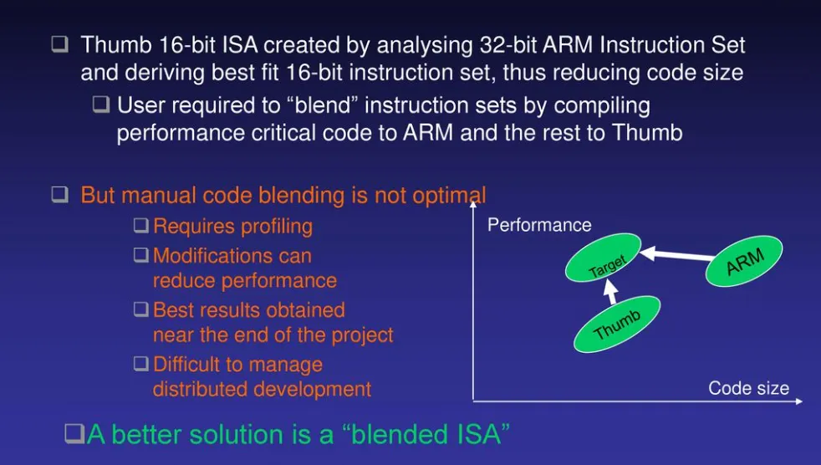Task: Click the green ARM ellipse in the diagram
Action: tap(744, 261)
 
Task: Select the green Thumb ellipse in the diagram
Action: tap(617, 324)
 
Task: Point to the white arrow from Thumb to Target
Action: tap(611, 293)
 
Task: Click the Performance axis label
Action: tap(539, 225)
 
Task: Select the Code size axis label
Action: tap(748, 388)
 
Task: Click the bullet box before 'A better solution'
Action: tap(74, 434)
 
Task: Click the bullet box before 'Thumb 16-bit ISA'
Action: tap(59, 45)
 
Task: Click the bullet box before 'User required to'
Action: tap(102, 106)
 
